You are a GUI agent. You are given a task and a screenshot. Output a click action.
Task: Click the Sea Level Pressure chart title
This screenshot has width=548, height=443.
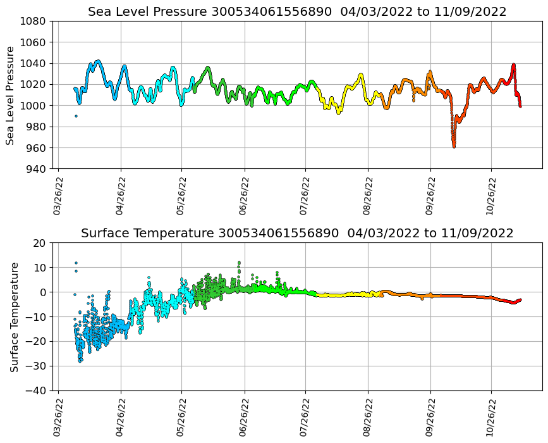point(297,12)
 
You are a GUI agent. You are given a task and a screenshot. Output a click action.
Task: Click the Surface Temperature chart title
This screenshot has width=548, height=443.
point(297,234)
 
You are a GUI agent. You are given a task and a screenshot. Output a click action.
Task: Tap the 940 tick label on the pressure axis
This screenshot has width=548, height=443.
point(35,169)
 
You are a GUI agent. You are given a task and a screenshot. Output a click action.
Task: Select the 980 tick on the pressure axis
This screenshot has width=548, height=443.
point(35,127)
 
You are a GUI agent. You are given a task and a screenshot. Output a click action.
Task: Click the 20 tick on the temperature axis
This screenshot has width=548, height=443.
point(39,243)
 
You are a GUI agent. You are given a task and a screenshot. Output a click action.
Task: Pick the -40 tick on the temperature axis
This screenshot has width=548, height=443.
point(36,391)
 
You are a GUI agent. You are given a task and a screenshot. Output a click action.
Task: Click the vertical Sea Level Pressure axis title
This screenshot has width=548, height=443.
point(10,95)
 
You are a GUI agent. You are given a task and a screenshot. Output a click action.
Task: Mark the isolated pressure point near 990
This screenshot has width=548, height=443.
point(76,116)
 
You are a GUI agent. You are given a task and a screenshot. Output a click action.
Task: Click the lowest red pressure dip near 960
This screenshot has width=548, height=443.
point(454,146)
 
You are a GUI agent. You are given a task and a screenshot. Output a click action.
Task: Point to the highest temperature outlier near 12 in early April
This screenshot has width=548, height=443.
point(76,263)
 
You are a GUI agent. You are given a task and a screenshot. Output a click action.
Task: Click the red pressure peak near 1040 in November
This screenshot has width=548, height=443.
point(513,65)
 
